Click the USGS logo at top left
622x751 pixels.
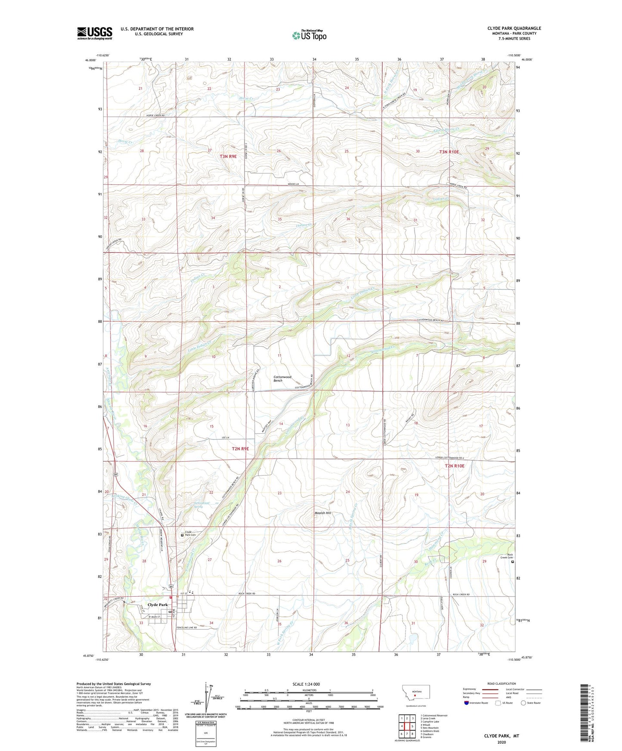coord(94,33)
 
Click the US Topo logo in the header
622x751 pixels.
coord(309,35)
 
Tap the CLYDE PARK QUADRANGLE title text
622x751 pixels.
coord(514,28)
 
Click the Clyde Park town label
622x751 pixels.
coord(158,604)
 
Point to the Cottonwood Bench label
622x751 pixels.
coord(282,379)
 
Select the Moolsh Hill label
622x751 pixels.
coord(323,513)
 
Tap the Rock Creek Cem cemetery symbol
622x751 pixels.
coord(512,561)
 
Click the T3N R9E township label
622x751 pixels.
coord(228,157)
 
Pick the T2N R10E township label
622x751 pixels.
coord(455,466)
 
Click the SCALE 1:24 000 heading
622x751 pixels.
coord(306,684)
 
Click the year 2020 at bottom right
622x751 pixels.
coord(501,742)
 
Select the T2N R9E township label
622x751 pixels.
coord(240,449)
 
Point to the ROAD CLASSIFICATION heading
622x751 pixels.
coord(501,683)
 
